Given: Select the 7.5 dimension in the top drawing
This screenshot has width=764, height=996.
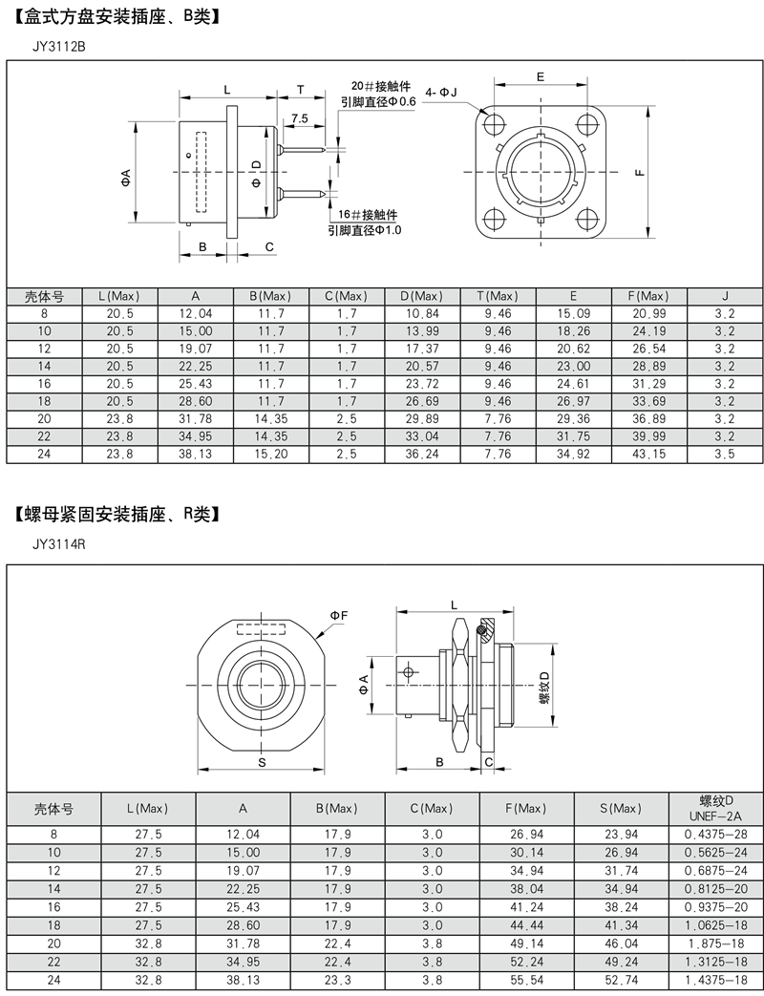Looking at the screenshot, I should (299, 118).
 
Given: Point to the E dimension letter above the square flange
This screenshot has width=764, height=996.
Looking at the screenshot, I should (541, 76).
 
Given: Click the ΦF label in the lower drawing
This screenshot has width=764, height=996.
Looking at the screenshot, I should (339, 616).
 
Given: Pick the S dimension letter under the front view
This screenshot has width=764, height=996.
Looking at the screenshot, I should (261, 762).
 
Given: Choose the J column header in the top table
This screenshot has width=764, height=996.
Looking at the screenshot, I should (725, 296).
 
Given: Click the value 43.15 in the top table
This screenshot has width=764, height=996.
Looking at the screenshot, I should (649, 455).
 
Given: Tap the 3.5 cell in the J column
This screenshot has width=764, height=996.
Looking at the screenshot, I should (725, 455).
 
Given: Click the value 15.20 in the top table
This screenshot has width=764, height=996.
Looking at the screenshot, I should (271, 455).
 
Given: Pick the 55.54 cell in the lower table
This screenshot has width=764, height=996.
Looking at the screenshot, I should (526, 981).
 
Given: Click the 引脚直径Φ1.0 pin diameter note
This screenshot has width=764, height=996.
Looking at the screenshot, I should (365, 230).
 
